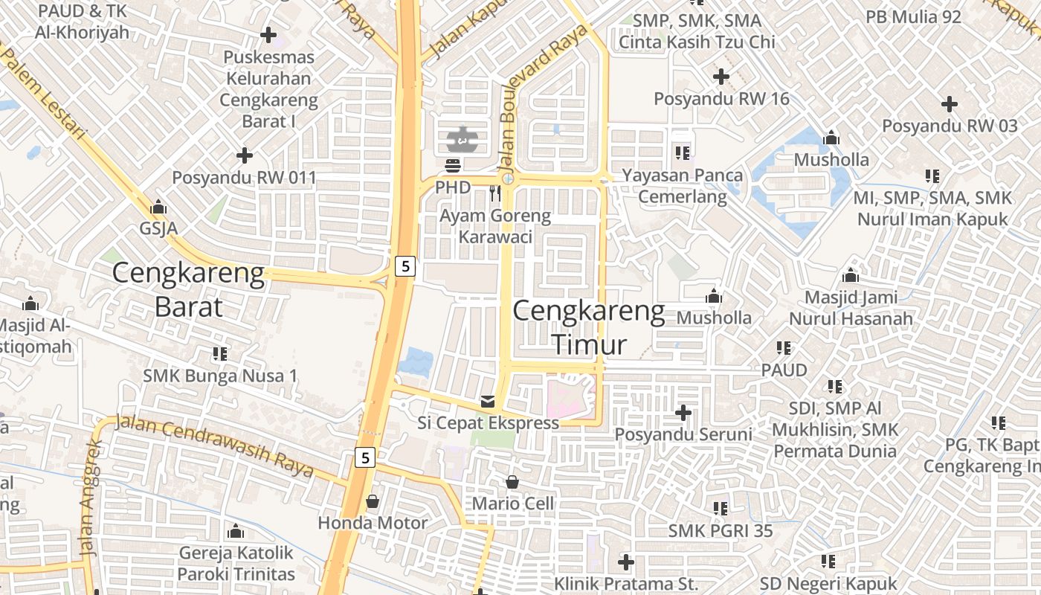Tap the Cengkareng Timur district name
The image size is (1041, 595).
pos(589,328)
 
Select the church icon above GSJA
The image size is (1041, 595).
pos(158,207)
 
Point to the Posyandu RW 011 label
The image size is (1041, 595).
pos(244,178)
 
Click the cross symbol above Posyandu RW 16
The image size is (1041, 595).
pos(721,76)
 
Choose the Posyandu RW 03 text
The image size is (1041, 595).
pos(950,126)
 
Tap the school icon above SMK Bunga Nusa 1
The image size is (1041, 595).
pos(219,354)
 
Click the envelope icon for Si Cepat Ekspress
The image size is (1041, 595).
pos(488,402)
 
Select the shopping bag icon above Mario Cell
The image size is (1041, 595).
pos(512,482)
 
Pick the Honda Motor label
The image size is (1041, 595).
pos(373,523)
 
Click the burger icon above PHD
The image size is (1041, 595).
pos(453,165)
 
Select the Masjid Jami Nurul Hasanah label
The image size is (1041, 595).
pos(851,308)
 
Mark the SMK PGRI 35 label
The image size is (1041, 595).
pos(720,530)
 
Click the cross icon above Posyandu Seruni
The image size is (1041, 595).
pos(683,412)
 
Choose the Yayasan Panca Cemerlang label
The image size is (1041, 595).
pos(682,186)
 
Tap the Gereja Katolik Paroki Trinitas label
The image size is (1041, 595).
pos(236,564)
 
